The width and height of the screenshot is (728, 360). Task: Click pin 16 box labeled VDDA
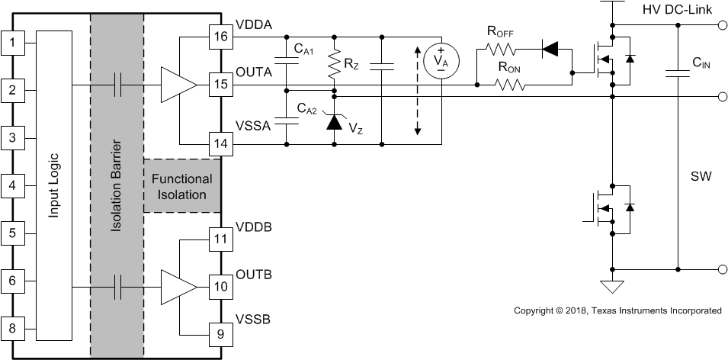220,37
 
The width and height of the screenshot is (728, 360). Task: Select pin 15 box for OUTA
220,84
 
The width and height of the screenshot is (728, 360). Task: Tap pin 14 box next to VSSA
220,143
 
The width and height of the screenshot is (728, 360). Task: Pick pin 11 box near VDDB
220,239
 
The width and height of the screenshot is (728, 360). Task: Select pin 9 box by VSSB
220,333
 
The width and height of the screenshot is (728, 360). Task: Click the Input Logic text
53,186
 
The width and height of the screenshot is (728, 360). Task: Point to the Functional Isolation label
182,187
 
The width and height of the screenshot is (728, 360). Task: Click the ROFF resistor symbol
500,50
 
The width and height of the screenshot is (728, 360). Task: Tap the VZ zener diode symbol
333,121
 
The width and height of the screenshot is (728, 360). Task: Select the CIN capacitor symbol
675,73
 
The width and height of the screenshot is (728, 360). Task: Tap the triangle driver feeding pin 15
175,84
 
